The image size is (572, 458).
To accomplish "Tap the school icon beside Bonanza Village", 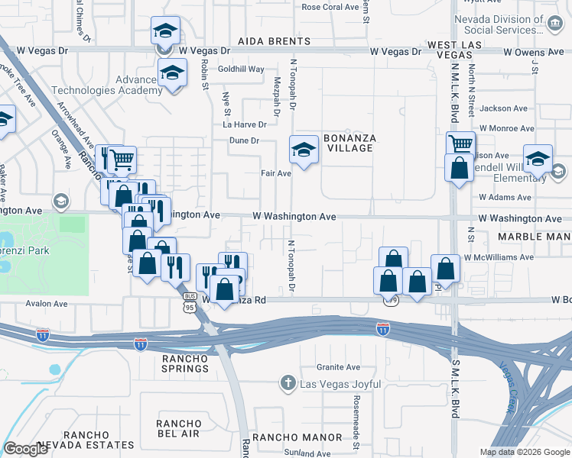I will click(x=304, y=148).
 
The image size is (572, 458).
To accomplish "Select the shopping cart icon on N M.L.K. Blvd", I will click(x=460, y=143).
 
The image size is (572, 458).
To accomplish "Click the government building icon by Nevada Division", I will click(x=552, y=23).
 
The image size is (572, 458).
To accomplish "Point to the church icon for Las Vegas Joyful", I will click(x=288, y=382).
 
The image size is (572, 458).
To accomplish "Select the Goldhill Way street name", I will click(x=241, y=69).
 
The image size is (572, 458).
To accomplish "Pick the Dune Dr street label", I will click(x=245, y=140).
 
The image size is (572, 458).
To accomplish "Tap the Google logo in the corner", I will click(x=25, y=449).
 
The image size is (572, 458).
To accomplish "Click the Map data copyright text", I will click(x=525, y=452).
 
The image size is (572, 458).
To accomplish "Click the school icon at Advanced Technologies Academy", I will click(x=173, y=74).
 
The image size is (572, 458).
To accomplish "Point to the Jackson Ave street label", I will click(x=504, y=108).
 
